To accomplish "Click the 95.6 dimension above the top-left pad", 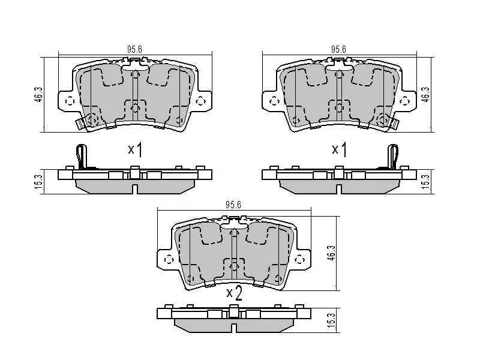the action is coord(134,49).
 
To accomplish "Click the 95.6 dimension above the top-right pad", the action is coord(338,49).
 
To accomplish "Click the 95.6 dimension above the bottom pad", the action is coord(233,205).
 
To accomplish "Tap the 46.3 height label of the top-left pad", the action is coord(39,94).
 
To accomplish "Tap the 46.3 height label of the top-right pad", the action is coord(426,94).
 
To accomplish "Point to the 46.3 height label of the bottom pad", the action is coord(331,253).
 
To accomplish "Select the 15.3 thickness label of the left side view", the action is coord(39,182).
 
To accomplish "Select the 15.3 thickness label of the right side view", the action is coord(426,182).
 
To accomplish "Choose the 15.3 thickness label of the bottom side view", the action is coord(331,320).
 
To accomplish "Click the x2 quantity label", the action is coord(235,293).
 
